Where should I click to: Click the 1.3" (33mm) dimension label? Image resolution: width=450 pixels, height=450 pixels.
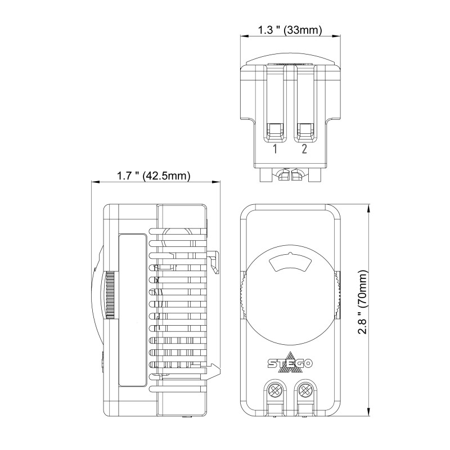pyautogui.click(x=290, y=30)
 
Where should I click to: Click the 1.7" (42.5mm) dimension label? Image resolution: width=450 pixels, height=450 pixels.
pyautogui.click(x=154, y=175)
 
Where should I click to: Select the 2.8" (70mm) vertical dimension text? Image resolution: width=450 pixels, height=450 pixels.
pyautogui.click(x=363, y=302)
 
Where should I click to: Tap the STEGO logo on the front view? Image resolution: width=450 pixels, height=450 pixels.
pyautogui.click(x=290, y=362)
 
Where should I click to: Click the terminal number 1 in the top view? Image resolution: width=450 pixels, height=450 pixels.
pyautogui.click(x=275, y=149)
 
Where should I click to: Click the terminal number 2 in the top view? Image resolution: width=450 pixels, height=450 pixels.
pyautogui.click(x=304, y=149)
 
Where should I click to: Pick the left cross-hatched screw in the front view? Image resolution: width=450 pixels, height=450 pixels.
pyautogui.click(x=275, y=390)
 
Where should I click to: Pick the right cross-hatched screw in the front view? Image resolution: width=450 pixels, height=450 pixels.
pyautogui.click(x=305, y=390)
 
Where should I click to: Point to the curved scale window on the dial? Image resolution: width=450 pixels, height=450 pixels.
pyautogui.click(x=290, y=263)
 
